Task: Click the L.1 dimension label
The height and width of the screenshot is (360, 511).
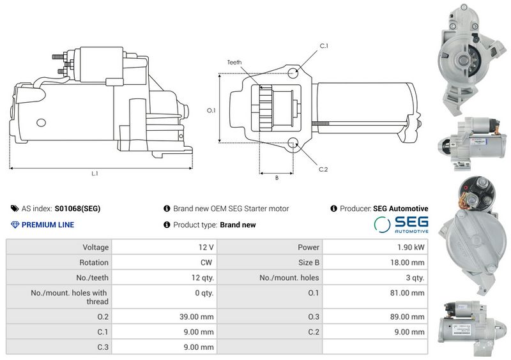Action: [95, 174]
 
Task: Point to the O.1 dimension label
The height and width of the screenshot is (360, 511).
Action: [211, 110]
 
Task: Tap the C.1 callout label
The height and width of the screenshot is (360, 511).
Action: [324, 46]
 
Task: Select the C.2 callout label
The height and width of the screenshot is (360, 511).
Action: [323, 169]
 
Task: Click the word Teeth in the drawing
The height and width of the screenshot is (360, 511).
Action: [234, 62]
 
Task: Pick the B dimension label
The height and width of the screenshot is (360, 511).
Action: [277, 178]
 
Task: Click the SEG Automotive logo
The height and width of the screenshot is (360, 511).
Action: [401, 225]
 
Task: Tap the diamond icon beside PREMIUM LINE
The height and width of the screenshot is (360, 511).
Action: [15, 225]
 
